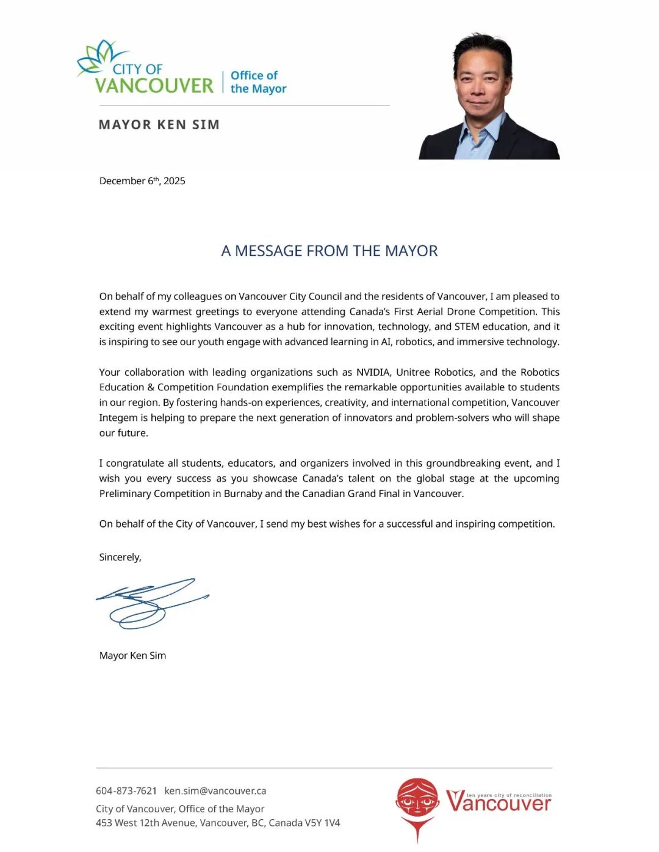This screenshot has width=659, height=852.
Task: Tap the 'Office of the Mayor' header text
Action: pos(257,82)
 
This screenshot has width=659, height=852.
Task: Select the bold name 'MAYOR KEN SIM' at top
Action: pos(159,125)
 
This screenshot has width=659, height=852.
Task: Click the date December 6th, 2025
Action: pos(142,181)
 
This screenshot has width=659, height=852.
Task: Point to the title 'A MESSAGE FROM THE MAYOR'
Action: pos(329,251)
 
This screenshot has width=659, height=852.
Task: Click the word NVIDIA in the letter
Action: pos(373,372)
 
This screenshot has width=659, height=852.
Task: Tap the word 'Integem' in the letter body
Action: pos(118,418)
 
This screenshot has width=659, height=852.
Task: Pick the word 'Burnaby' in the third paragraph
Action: pos(243,493)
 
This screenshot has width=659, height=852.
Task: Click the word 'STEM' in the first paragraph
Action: pos(467,326)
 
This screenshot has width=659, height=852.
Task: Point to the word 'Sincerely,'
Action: pos(120,557)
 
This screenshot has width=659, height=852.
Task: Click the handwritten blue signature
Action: pos(149,603)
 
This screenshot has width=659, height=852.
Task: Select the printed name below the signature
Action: pos(132,656)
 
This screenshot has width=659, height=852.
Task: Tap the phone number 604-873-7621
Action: pos(126,791)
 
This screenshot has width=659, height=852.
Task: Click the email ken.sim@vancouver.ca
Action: pos(215,791)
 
